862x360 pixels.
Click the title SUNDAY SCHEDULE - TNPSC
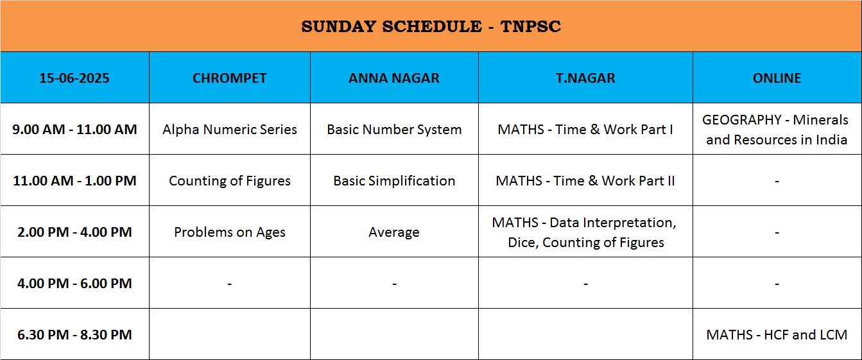tap(431, 26)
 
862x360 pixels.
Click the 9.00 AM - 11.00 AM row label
tap(74, 129)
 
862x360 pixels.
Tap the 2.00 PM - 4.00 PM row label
tap(74, 232)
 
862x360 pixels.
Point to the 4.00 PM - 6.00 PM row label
tap(74, 284)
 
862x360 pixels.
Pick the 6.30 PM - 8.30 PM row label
tap(74, 334)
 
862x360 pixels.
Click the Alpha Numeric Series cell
tap(229, 129)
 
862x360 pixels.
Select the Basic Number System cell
tap(394, 130)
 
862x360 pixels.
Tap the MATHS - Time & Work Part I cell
tap(585, 129)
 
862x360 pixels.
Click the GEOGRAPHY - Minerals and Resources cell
tap(777, 130)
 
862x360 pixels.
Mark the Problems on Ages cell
tap(229, 232)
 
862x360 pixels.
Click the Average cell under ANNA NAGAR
tap(394, 232)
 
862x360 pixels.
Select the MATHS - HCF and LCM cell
tap(777, 334)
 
